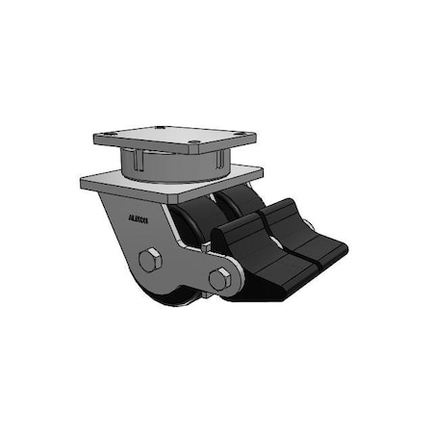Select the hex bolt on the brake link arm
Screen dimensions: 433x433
(220, 279)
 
